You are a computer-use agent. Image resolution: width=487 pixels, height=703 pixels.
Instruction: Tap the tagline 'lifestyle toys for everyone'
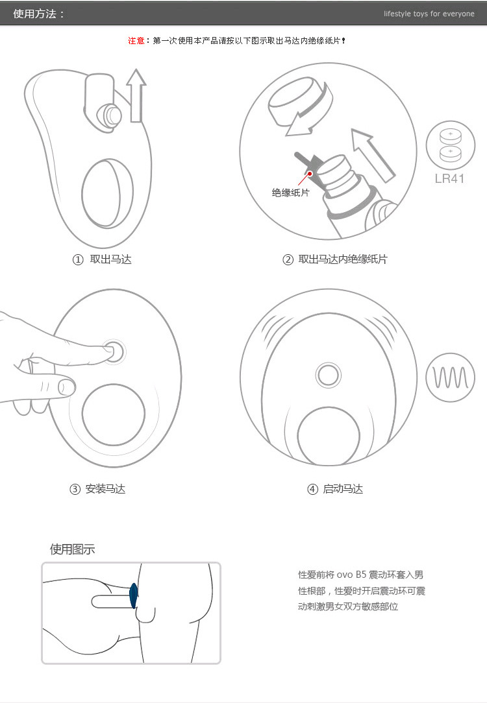tap(429, 14)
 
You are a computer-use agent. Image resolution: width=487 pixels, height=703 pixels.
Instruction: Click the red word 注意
tap(136, 40)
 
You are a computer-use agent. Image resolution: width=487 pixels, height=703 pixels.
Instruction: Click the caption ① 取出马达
tap(102, 259)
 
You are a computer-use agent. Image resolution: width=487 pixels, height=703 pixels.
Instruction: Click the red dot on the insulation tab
tap(310, 173)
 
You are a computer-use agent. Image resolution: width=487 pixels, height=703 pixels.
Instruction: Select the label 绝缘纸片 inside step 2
tap(290, 193)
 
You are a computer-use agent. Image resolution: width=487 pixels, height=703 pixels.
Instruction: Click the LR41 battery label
tap(449, 178)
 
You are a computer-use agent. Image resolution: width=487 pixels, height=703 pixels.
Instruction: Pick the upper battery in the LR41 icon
tap(449, 137)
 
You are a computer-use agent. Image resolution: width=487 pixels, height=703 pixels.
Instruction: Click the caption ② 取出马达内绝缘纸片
tap(335, 259)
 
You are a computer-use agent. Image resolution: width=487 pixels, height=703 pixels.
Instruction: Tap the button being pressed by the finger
tap(115, 352)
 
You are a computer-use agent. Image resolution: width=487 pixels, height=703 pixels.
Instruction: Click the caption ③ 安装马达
tap(97, 489)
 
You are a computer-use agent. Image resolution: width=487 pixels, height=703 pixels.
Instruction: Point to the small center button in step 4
tap(328, 374)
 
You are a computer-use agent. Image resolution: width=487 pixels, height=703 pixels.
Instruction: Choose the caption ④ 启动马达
tap(335, 489)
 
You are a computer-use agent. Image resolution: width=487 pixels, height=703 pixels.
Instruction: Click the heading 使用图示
tap(72, 549)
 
